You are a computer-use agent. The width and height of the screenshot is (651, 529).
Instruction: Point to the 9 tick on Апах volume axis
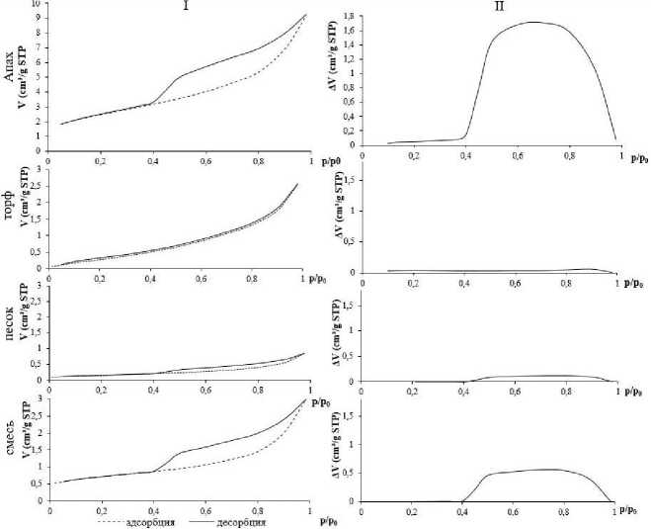pos(38,19)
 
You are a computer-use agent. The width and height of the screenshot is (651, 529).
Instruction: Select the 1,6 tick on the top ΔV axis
pos(350,31)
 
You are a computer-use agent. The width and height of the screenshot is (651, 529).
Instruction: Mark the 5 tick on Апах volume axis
pos(38,77)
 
